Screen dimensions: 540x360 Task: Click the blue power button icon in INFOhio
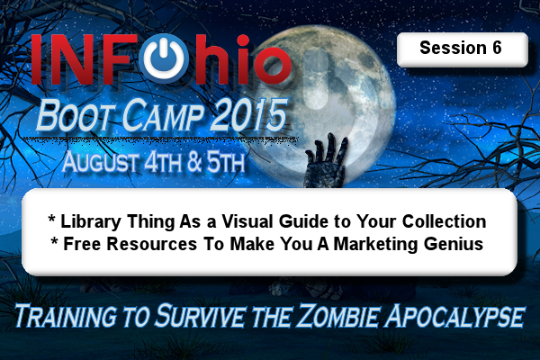pos(165,58)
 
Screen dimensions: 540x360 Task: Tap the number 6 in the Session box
pos(497,48)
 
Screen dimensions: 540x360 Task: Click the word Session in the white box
pos(453,48)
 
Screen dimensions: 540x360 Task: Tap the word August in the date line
pos(101,162)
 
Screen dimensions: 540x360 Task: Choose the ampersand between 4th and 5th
pos(195,163)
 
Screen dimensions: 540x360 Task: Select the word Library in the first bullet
pos(91,222)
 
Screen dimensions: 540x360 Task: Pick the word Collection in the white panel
pos(445,221)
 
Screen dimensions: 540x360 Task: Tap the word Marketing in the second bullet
pos(375,245)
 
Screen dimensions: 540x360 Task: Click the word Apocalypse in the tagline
pos(454,316)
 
